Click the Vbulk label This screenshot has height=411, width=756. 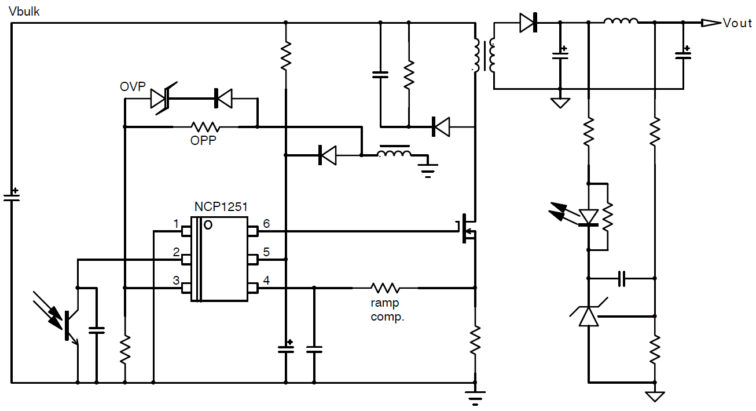tap(24, 10)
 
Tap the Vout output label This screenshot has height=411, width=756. tap(737, 23)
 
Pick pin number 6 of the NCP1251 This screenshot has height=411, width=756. tap(266, 224)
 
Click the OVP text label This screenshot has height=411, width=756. tap(131, 87)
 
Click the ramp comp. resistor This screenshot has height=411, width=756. tap(385, 288)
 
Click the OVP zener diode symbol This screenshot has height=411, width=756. tap(160, 98)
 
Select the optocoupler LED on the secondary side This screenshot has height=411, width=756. tap(589, 217)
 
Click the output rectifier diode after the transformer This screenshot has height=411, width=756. tap(528, 23)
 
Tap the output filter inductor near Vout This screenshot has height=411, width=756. tap(621, 22)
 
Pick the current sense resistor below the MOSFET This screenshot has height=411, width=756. tap(475, 340)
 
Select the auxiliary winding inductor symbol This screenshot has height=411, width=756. tap(394, 154)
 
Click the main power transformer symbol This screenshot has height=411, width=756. tap(484, 56)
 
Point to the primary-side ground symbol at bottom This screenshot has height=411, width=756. tap(475, 397)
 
